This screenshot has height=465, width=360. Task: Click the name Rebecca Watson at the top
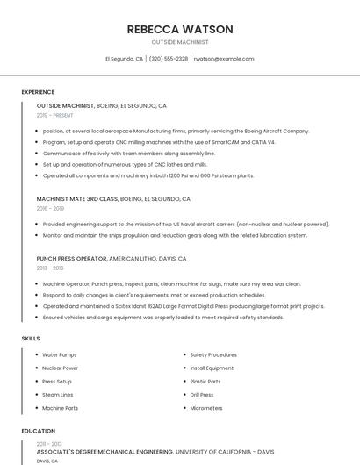tap(180, 29)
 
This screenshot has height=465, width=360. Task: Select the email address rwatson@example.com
tap(223, 59)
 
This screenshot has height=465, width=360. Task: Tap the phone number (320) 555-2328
tap(169, 59)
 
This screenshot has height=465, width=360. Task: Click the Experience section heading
tap(38, 92)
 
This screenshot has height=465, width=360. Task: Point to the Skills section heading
tap(31, 338)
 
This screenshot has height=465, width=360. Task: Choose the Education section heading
tap(39, 431)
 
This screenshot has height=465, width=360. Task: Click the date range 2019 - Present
tap(55, 115)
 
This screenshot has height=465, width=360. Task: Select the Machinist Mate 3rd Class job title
tap(77, 199)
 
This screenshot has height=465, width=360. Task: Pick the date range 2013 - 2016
tap(50, 268)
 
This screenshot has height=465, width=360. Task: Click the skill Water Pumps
tap(60, 354)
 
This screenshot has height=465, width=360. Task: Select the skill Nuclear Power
tap(61, 368)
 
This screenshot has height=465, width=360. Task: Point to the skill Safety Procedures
tap(213, 354)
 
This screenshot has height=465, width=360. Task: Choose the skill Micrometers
tap(206, 408)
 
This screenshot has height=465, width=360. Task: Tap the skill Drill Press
tap(202, 395)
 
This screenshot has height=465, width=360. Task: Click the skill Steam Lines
tap(58, 395)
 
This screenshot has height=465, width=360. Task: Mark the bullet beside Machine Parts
tap(35, 408)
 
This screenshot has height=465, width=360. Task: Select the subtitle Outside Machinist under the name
tap(180, 42)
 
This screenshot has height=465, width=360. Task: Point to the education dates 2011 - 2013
tap(48, 444)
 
